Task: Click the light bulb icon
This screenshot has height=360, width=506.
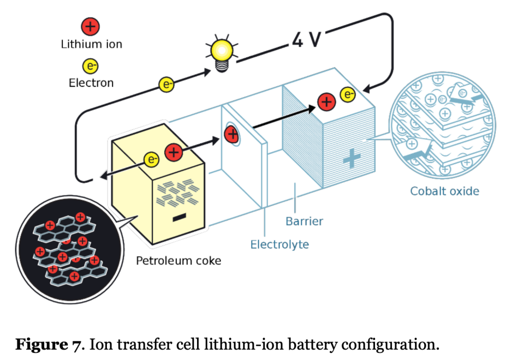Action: coord(222,52)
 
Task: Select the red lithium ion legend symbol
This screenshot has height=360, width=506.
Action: coord(91,26)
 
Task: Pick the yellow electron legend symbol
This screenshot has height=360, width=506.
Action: coord(91,67)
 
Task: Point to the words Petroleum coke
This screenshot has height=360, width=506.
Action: coord(178,261)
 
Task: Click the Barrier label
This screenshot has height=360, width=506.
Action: coord(304,221)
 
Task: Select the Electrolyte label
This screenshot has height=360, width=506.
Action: coord(279,244)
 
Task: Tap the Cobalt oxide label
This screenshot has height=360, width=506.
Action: coord(444,191)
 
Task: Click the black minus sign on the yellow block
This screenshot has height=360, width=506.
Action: coord(178,219)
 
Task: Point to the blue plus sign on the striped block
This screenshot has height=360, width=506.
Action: coord(352,159)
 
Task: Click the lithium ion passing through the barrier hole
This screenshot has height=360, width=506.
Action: coord(231,134)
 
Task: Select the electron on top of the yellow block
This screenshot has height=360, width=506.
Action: coord(151,159)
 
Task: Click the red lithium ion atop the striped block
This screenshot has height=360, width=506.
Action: coord(326,101)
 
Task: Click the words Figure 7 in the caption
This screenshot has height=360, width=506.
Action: coord(46,345)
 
